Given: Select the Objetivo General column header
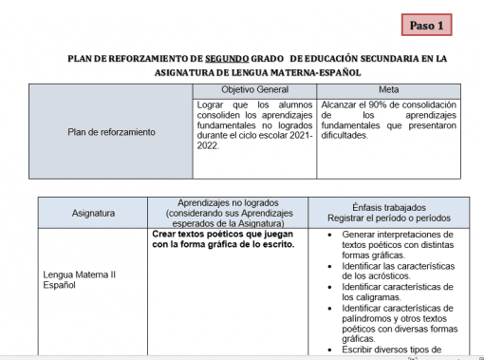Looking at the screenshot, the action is coord(254,89).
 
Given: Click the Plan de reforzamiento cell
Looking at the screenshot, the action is coord(112,132).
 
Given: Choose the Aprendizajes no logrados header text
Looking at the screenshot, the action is coord(219,203).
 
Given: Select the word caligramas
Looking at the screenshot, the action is coord(377,297).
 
